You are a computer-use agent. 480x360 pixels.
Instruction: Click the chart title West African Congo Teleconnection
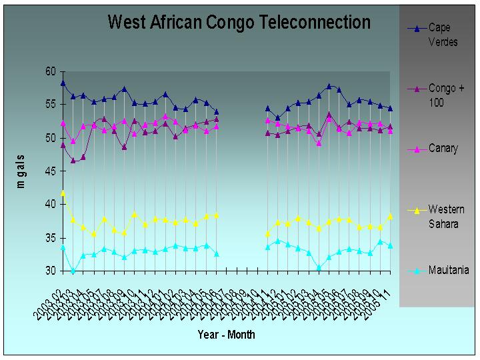[239, 23]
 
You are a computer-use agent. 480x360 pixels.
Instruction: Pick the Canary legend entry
[442, 149]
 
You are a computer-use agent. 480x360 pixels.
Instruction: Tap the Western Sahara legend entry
[445, 217]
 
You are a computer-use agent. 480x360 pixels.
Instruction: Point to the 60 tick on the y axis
[51, 71]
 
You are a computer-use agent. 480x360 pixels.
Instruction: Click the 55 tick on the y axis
[51, 105]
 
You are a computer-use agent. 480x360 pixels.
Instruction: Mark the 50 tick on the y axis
[51, 138]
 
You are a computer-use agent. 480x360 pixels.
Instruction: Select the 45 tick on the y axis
[51, 171]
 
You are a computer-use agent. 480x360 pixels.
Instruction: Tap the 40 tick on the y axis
[51, 205]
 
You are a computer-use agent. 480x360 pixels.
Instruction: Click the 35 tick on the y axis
[51, 238]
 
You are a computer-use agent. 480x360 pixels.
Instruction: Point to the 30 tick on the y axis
[51, 271]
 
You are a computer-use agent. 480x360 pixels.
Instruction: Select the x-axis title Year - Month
[226, 335]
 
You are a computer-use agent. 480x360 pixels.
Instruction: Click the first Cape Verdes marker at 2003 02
[63, 83]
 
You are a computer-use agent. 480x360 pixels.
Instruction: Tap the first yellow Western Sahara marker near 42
[63, 193]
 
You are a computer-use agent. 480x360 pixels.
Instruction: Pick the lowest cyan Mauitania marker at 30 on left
[73, 271]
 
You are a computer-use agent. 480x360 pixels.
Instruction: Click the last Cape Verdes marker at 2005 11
[390, 108]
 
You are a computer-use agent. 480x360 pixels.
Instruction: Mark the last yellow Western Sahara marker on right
[390, 216]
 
